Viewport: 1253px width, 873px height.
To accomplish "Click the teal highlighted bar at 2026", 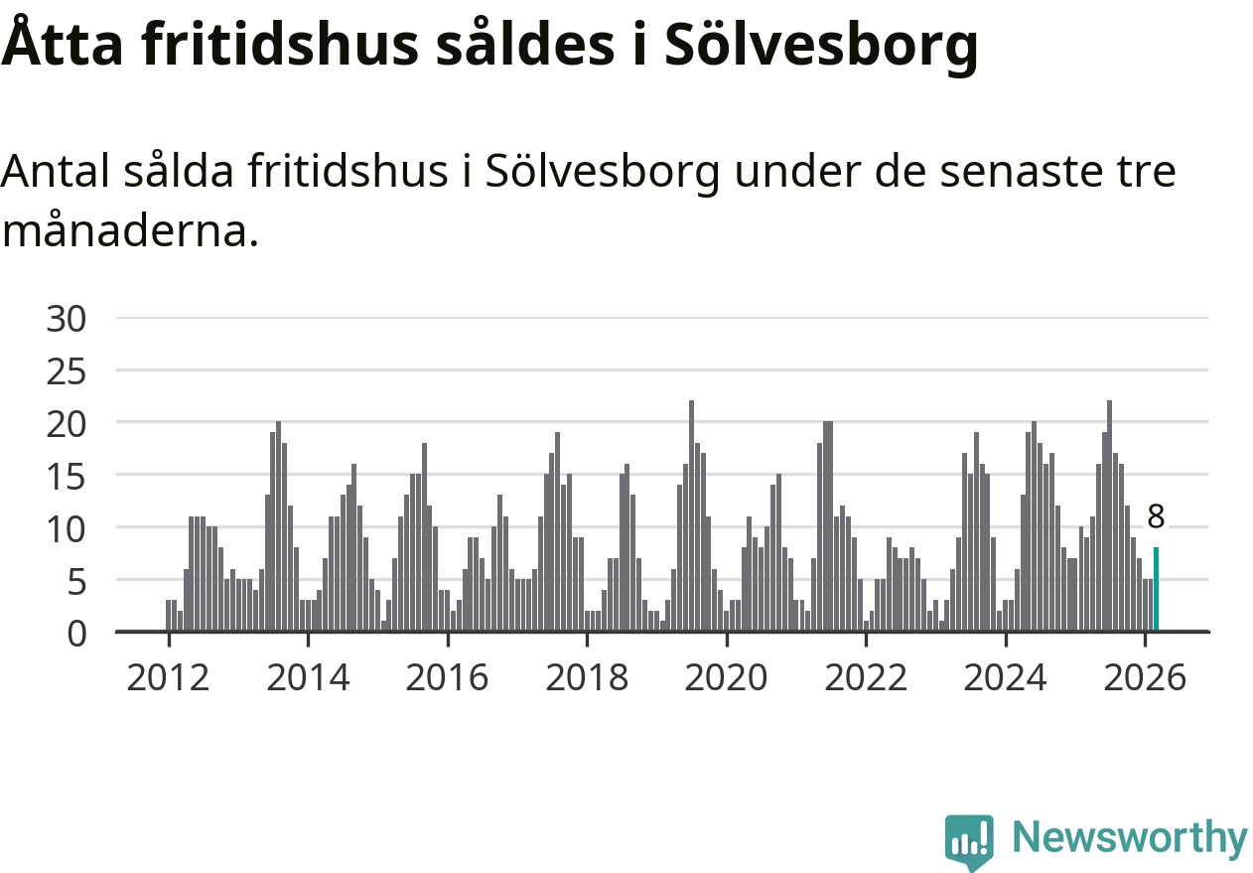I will click(1156, 589).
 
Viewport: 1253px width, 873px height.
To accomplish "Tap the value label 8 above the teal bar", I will click(1156, 516).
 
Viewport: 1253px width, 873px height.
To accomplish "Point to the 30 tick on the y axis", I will click(68, 319).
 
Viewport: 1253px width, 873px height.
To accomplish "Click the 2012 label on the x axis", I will click(168, 678).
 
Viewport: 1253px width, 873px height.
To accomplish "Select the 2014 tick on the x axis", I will click(308, 678).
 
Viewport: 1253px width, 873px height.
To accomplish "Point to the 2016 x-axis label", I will click(447, 678).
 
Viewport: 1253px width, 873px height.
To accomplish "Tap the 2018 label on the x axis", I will click(587, 678).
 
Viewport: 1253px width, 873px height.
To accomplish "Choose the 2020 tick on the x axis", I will click(726, 678).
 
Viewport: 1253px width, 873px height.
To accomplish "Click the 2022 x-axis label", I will click(866, 678).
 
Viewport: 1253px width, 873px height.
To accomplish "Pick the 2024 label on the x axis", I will click(1005, 678).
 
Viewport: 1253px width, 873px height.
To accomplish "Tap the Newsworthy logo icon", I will click(968, 841).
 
